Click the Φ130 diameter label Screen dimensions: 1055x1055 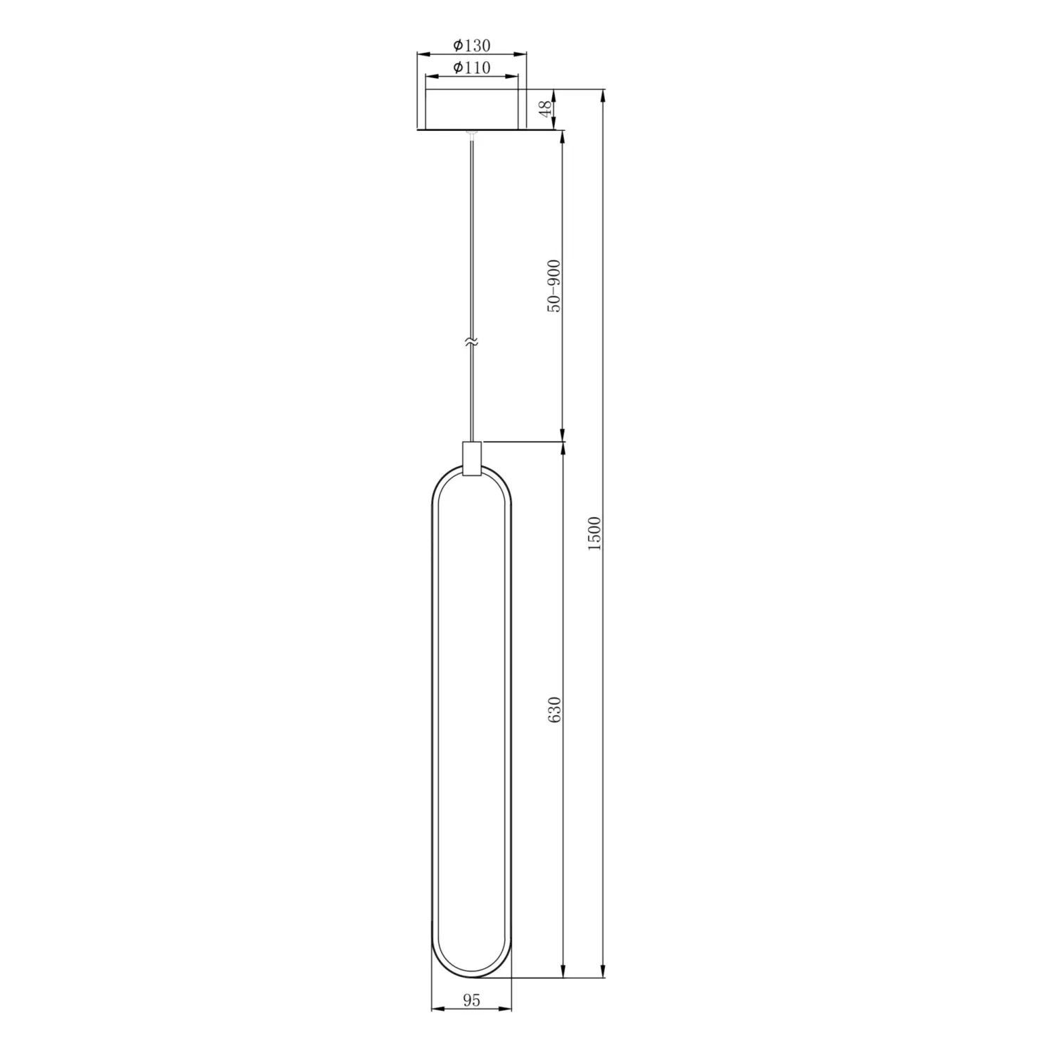click(x=471, y=46)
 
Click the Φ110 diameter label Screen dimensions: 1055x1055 click(x=471, y=68)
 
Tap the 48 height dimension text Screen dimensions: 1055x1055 click(x=546, y=109)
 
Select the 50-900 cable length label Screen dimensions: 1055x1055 click(x=554, y=286)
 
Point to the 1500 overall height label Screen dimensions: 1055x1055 click(x=595, y=534)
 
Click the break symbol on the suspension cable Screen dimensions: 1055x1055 click(x=472, y=343)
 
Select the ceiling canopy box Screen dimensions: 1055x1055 click(x=472, y=110)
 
